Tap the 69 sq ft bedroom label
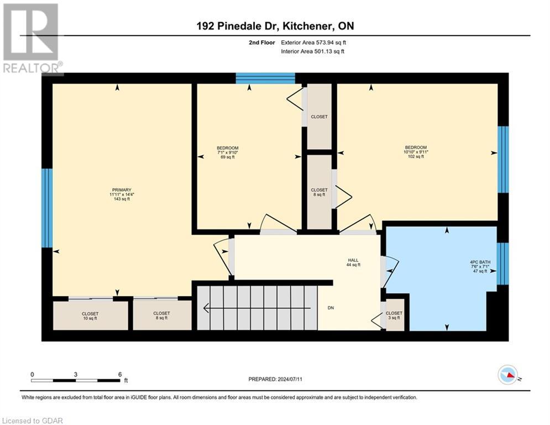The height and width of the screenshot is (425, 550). (x=227, y=152)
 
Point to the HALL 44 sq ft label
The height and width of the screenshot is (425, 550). (x=353, y=262)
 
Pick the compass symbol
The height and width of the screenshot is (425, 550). (x=509, y=375)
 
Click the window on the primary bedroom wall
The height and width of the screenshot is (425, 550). (x=47, y=208)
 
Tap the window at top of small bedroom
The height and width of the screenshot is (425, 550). (x=265, y=78)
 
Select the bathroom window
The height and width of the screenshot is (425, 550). (x=502, y=264)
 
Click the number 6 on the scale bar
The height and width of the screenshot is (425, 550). (x=120, y=374)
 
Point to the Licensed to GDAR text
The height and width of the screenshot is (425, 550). (x=33, y=421)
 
